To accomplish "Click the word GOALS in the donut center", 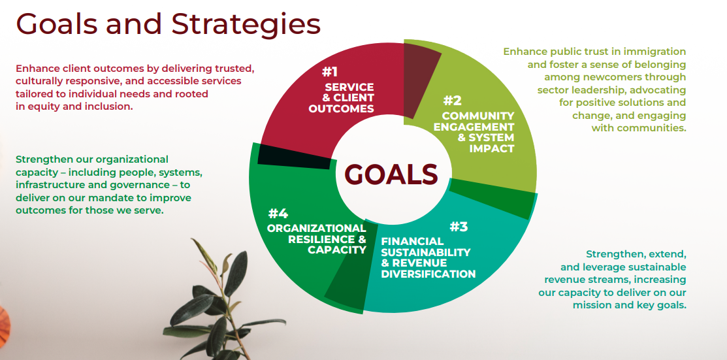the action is [x=391, y=174].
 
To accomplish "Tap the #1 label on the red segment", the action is [x=330, y=72].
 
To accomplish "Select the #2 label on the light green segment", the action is [x=453, y=101].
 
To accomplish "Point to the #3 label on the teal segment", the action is [x=459, y=227].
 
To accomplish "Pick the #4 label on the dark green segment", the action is [x=278, y=214].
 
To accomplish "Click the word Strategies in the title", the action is [x=246, y=24].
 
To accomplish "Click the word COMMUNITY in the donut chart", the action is [x=478, y=116].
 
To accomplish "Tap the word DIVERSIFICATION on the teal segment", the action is [x=428, y=274].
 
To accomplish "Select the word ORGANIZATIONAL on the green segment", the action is [x=316, y=228].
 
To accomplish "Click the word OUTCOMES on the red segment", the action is [x=341, y=109].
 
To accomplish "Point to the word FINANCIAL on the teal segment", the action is [x=412, y=241].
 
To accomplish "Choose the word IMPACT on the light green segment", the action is [x=492, y=149].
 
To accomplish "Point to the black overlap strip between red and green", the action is [x=294, y=156].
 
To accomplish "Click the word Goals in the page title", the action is [x=57, y=24].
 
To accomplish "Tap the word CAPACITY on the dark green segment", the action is [x=337, y=250].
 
